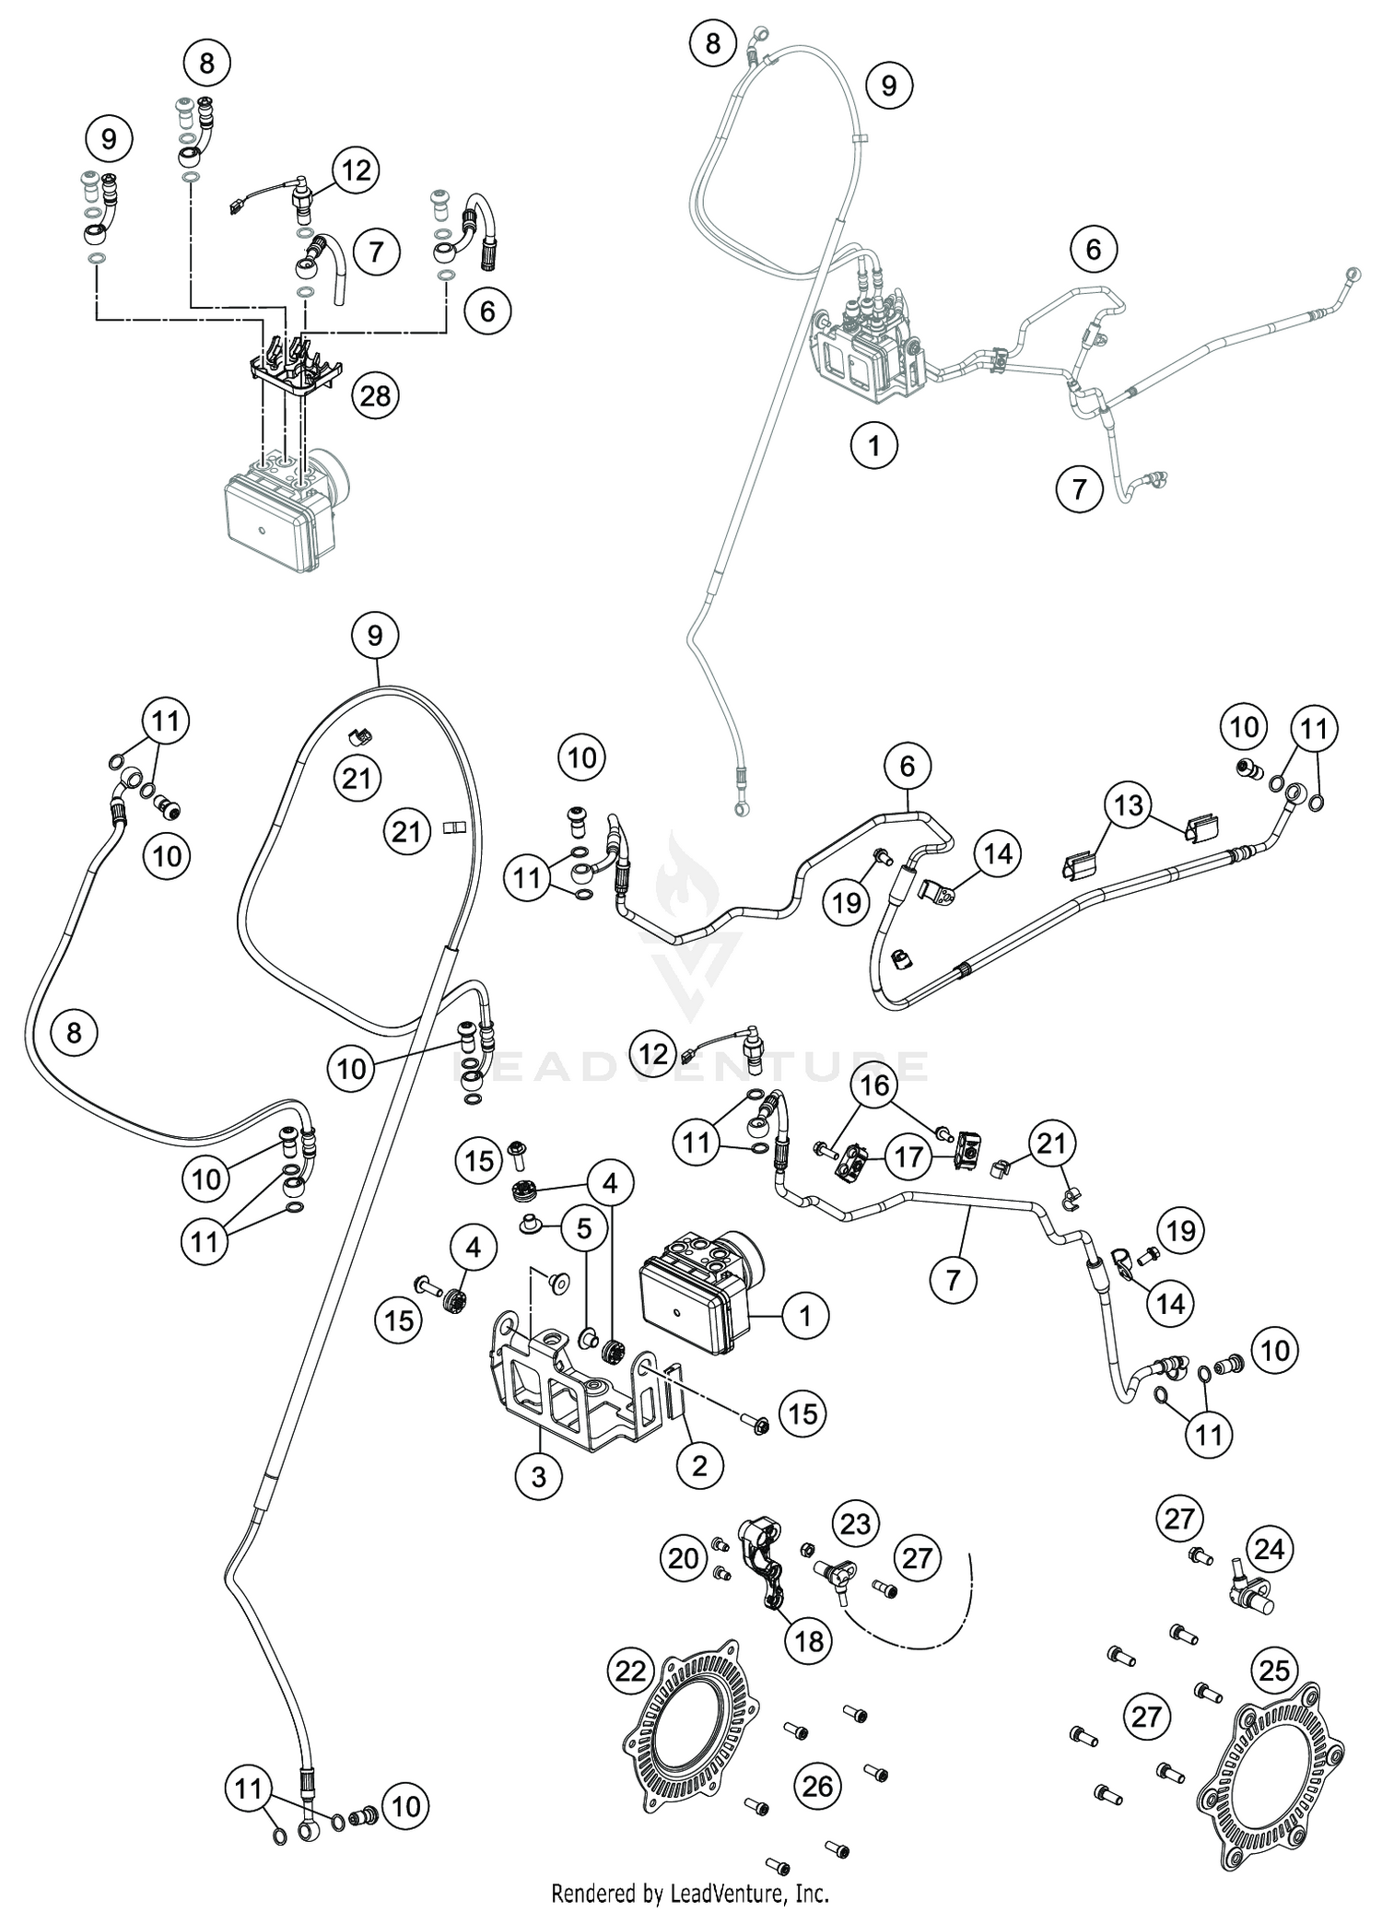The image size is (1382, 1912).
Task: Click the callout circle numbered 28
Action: [376, 396]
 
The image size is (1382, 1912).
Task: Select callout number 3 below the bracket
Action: [539, 1477]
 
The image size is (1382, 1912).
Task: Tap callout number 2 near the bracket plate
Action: [699, 1464]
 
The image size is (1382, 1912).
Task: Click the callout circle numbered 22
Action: [631, 1671]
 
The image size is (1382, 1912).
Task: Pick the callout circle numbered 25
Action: [1274, 1670]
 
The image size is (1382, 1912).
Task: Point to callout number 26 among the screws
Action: [817, 1787]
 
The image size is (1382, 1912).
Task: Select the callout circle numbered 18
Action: [809, 1640]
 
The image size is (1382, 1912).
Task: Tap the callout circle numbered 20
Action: [684, 1558]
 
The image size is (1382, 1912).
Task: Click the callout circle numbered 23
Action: [856, 1523]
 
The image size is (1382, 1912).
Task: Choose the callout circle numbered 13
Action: [1129, 805]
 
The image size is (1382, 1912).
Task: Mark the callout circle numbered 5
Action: [584, 1228]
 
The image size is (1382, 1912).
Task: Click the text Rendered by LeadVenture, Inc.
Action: [690, 1894]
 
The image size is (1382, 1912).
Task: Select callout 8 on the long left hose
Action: [75, 1032]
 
